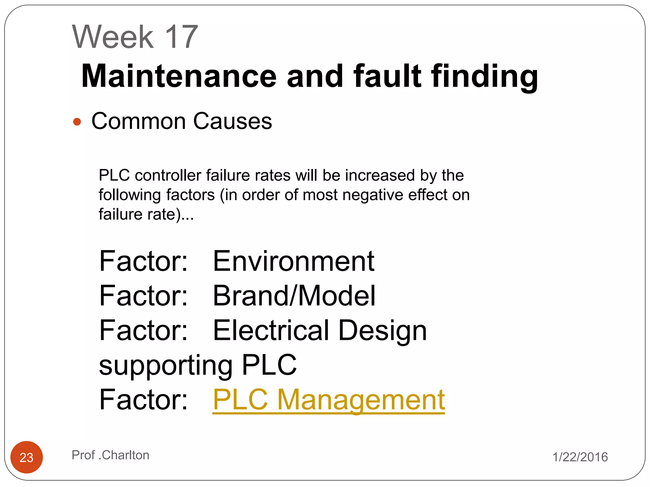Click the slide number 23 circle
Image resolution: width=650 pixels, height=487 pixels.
27,457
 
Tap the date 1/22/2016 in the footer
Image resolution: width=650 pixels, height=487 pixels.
580,457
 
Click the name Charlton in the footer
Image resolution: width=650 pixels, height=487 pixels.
125,455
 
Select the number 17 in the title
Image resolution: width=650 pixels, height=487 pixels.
182,37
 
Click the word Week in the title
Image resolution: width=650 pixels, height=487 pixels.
113,37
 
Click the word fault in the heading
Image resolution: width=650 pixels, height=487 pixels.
387,76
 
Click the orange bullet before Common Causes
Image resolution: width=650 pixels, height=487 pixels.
77,122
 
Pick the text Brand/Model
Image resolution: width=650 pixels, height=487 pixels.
294,295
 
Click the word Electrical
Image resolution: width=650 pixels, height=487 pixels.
271,330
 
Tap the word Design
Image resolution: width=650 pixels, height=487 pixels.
382,330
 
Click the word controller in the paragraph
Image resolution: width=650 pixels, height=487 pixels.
168,175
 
